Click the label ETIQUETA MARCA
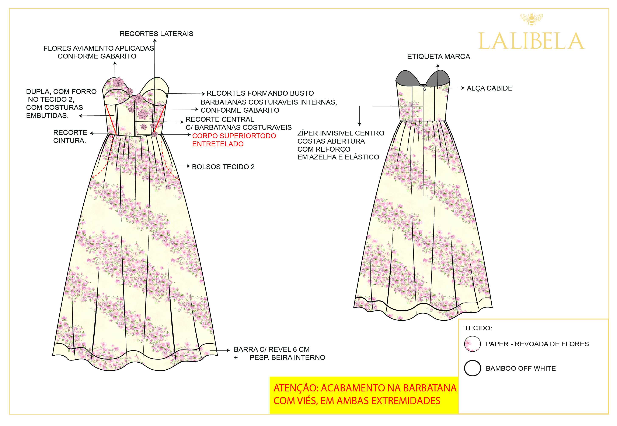point(438,57)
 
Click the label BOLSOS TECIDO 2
point(223,167)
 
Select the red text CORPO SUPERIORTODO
point(234,136)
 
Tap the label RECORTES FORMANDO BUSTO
point(260,93)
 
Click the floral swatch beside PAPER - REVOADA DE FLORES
point(472,344)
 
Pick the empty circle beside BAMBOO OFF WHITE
point(472,368)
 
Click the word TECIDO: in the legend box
point(478,328)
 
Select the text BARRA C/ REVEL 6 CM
point(271,349)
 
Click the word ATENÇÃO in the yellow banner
point(296,388)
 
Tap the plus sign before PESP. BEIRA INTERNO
point(236,358)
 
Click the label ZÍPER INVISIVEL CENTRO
point(341,133)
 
